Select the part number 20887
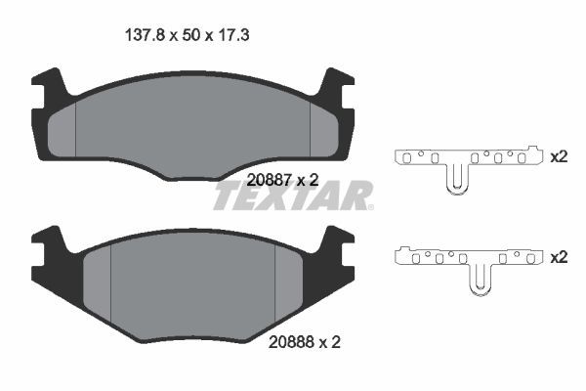point(269,180)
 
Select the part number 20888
point(289,343)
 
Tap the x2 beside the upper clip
point(559,156)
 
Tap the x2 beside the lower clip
point(559,257)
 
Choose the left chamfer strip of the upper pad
point(63,127)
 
